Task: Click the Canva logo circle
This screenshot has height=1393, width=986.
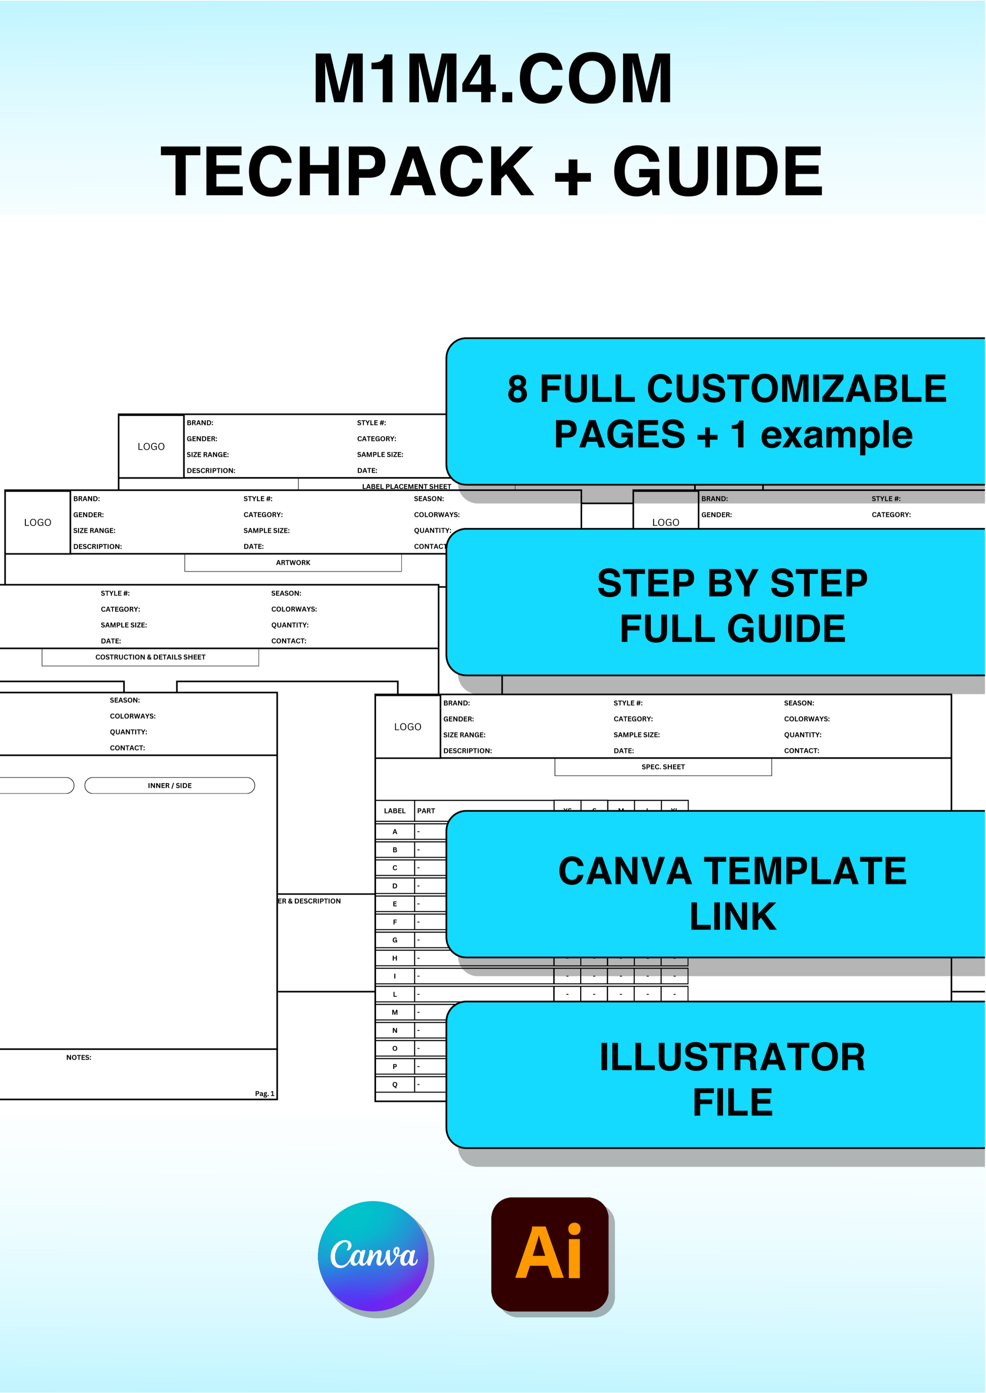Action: pyautogui.click(x=373, y=1255)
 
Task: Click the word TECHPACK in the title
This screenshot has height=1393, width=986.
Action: pyautogui.click(x=347, y=172)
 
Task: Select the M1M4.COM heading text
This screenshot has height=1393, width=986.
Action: pyautogui.click(x=492, y=80)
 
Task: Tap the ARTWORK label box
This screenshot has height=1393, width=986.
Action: pyautogui.click(x=293, y=563)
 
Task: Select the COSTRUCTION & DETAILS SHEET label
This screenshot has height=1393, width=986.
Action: pyautogui.click(x=150, y=657)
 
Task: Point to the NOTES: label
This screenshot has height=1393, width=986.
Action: pyautogui.click(x=79, y=1057)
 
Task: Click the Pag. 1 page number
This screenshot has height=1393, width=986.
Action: pyautogui.click(x=264, y=1094)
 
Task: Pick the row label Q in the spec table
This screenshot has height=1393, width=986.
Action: pyautogui.click(x=395, y=1085)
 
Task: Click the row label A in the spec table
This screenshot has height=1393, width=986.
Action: pyautogui.click(x=395, y=832)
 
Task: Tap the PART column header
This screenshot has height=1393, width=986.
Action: pyautogui.click(x=426, y=811)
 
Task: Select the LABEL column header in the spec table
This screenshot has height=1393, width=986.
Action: pyautogui.click(x=395, y=811)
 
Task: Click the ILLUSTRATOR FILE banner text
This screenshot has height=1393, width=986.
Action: pyautogui.click(x=732, y=1079)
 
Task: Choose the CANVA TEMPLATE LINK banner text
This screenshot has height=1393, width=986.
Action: pyautogui.click(x=732, y=894)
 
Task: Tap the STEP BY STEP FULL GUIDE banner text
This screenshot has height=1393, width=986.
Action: pyautogui.click(x=732, y=605)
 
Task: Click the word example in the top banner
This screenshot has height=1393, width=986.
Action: pyautogui.click(x=836, y=435)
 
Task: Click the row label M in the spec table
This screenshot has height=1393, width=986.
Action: pyautogui.click(x=395, y=1013)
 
